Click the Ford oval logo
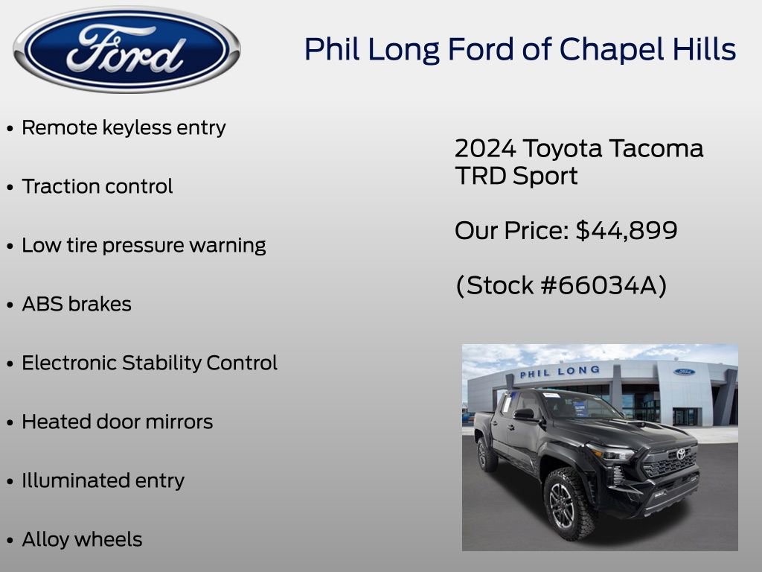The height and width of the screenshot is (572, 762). (x=127, y=49)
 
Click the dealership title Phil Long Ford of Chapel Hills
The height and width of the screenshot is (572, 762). (x=519, y=50)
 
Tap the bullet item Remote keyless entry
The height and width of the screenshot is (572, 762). (x=124, y=127)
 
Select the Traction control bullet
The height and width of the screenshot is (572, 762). (x=97, y=186)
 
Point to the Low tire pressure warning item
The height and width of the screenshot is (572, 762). (x=144, y=245)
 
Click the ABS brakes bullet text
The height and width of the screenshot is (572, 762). (x=77, y=304)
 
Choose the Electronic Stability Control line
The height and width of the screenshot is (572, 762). (x=149, y=363)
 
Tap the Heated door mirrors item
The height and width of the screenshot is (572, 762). (x=117, y=422)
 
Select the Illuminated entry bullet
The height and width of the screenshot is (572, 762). (x=103, y=480)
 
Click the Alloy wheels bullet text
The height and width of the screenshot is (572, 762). (x=82, y=539)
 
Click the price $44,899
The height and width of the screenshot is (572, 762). (x=627, y=230)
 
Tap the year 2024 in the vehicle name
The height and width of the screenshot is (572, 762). (x=485, y=148)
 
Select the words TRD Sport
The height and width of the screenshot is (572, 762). (x=516, y=177)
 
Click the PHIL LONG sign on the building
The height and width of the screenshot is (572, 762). (x=559, y=372)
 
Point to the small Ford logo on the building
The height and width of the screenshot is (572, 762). (x=684, y=372)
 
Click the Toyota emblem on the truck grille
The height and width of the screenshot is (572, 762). (x=680, y=454)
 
